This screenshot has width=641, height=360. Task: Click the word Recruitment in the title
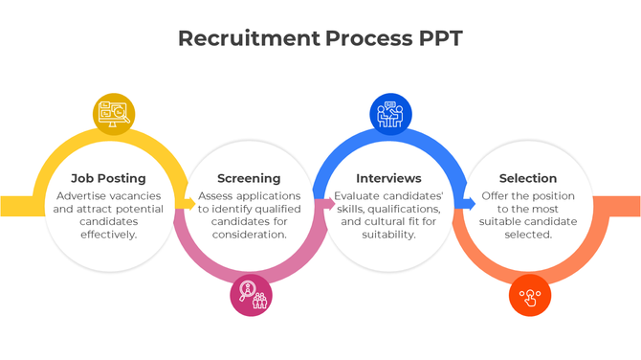point(248,38)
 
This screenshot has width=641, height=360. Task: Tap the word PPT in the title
point(441,38)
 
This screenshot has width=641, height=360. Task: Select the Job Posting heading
point(108,178)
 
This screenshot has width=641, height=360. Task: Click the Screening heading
point(249,178)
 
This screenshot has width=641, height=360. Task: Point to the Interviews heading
point(388,178)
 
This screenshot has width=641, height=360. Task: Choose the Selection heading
point(528,178)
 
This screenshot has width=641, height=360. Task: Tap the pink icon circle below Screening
point(251,295)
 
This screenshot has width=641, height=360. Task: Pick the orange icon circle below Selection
point(530,296)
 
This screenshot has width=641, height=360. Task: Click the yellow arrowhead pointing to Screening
point(189,203)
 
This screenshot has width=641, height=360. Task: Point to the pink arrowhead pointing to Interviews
point(329,203)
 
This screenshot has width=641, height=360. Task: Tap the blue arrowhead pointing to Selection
point(469,203)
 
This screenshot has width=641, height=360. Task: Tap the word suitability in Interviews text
point(388,234)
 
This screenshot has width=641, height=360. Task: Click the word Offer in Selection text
point(496,196)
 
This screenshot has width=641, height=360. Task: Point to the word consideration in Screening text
point(249,234)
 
